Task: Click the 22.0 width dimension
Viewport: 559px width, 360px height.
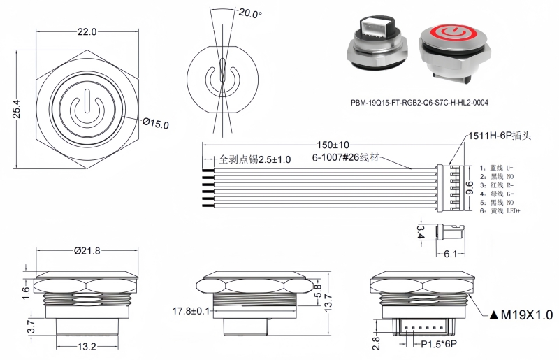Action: (x=87, y=32)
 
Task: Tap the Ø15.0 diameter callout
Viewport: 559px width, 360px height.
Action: (x=156, y=124)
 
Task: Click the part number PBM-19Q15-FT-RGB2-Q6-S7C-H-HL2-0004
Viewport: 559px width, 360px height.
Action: (x=419, y=103)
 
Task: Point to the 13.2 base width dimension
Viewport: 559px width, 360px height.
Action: (x=87, y=347)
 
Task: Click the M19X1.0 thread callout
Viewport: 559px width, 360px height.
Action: (x=523, y=315)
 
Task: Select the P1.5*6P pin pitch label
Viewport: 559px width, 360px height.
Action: (x=438, y=345)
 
